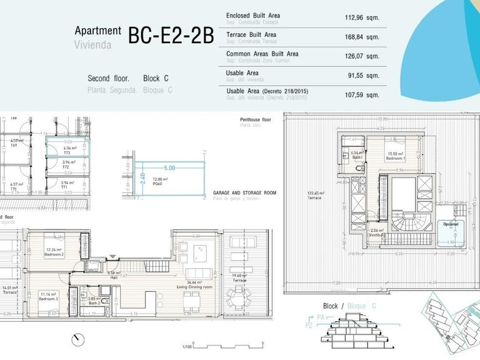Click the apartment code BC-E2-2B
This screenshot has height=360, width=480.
point(171,36)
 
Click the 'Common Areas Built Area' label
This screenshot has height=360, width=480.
point(262,54)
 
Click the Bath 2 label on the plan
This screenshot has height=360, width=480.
point(94,302)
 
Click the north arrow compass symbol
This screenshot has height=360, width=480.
point(77,339)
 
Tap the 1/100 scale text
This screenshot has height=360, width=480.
point(186,346)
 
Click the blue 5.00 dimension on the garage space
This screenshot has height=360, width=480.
point(169,168)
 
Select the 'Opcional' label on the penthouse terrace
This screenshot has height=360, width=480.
point(451,224)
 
